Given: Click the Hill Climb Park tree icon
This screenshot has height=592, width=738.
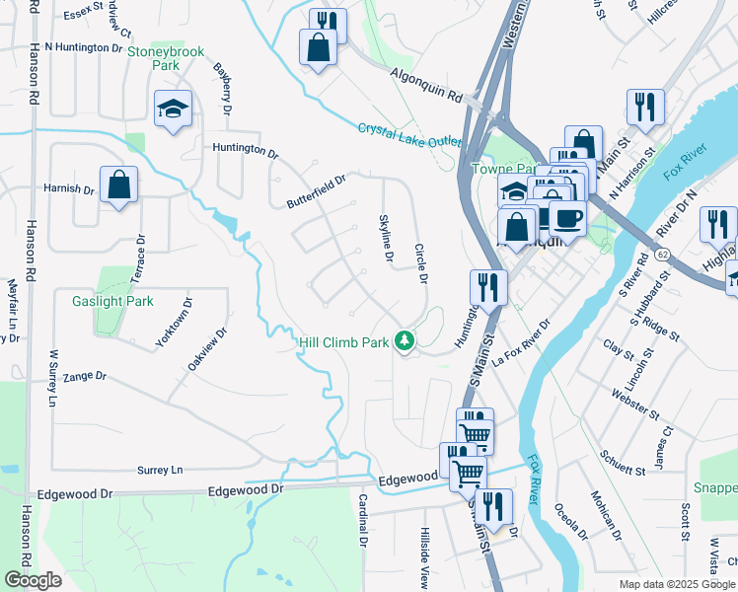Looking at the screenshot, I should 404,341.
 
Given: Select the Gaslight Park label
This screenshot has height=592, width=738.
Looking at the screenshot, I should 112,301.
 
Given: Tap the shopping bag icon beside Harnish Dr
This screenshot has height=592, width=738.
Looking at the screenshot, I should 118,185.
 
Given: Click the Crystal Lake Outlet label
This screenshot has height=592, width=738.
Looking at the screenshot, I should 409,135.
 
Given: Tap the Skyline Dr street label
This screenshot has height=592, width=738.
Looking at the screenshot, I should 387,238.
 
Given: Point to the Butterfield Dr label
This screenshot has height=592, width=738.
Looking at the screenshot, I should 317,190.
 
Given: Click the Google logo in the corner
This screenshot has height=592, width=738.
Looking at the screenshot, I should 33,580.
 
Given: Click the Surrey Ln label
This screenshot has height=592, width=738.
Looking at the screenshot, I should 163,471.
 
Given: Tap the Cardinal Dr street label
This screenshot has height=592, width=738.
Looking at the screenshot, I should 362,521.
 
